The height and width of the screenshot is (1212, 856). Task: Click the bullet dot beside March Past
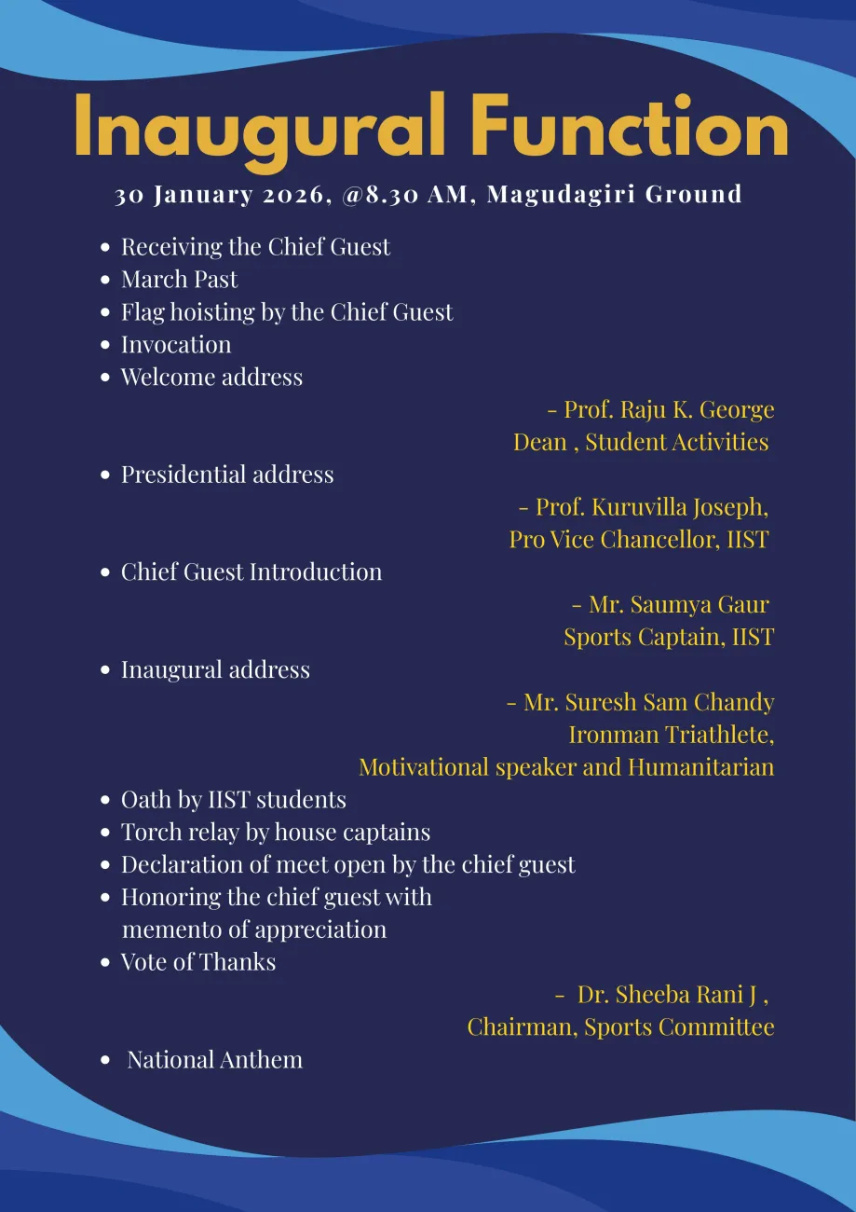[x=105, y=280]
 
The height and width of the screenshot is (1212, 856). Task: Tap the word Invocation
[x=176, y=345]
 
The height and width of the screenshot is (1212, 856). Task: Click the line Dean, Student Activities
[x=641, y=442]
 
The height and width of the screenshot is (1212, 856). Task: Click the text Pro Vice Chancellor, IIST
[x=639, y=540]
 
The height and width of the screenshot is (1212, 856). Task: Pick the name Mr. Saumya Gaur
[x=679, y=605]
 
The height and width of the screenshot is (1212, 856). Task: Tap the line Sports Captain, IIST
[x=669, y=638]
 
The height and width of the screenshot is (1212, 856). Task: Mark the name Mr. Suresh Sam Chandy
[x=648, y=702]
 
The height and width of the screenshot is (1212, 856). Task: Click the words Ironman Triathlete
[x=671, y=735]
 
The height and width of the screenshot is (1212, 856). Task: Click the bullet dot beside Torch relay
[x=105, y=833]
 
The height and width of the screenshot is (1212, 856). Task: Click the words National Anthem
[x=214, y=1060]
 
